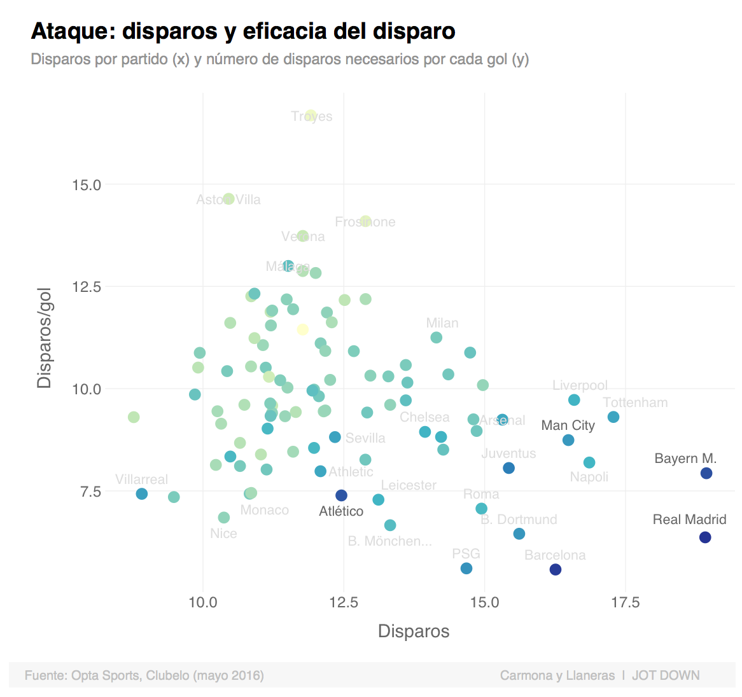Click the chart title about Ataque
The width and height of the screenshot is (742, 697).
243,31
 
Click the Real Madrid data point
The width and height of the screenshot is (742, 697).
704,537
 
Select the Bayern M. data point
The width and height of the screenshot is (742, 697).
706,473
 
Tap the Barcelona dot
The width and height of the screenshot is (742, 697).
556,569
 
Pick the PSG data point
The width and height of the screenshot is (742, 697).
466,568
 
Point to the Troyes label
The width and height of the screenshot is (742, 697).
312,116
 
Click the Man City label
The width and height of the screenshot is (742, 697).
568,425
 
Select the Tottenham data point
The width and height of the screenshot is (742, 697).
613,417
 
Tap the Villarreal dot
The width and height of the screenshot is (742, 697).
142,494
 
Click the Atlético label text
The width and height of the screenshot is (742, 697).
341,511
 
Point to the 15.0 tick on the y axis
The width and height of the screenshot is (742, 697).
87,185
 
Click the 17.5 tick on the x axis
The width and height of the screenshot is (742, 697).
625,602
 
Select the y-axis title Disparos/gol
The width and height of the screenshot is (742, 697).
44,337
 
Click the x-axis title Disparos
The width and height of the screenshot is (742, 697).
414,631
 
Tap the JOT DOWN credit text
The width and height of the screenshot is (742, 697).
666,675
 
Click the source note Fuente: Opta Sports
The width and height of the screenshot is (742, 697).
144,675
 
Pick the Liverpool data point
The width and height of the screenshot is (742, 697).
574,400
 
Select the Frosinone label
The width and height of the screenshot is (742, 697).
365,222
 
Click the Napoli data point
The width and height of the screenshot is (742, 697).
589,462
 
